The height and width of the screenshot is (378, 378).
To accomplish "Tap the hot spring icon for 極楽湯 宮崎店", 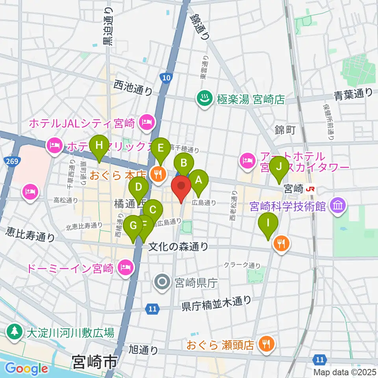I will point(204,99).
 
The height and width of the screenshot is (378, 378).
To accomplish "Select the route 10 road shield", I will point(167,78).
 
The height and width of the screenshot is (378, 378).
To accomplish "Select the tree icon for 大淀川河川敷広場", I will point(14,332).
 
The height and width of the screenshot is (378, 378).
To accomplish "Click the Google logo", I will point(27,369).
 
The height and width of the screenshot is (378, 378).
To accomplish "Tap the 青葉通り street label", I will point(353,94).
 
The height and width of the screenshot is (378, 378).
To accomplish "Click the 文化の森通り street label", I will point(178,246).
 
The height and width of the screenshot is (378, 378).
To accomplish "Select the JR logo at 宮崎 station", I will point(311,189).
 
